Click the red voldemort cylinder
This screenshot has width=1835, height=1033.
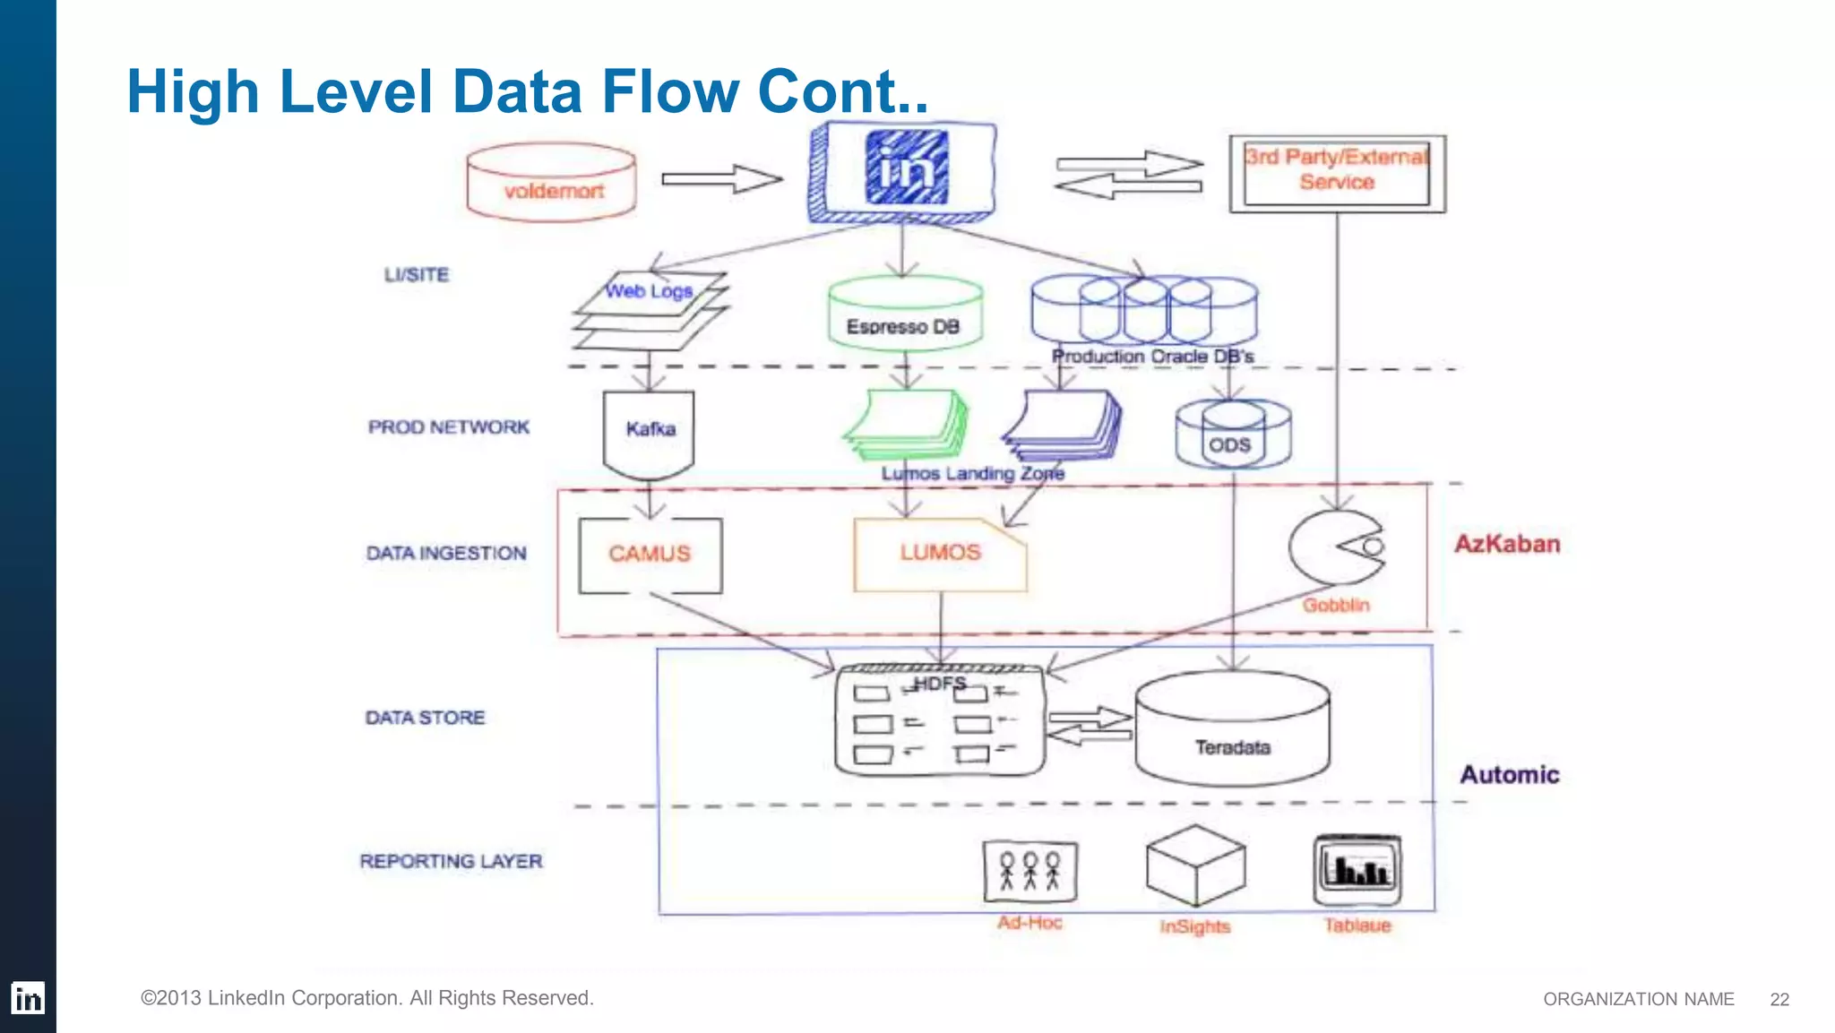tap(551, 183)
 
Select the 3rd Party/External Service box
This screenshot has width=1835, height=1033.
tap(1337, 173)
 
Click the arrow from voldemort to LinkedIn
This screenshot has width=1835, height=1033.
tap(721, 179)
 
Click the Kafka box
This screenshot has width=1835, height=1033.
tap(650, 433)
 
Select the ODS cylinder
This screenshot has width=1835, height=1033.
tap(1233, 435)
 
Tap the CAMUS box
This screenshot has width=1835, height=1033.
tap(650, 555)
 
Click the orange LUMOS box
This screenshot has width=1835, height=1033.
tap(940, 554)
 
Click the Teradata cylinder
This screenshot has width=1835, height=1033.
tap(1233, 730)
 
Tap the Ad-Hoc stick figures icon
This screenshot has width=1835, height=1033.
tap(1029, 871)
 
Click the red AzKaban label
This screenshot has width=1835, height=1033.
tap(1507, 544)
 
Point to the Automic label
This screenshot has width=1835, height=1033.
tap(1510, 774)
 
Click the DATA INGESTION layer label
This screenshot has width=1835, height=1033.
tap(446, 553)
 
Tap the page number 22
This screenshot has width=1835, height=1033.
tap(1779, 999)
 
